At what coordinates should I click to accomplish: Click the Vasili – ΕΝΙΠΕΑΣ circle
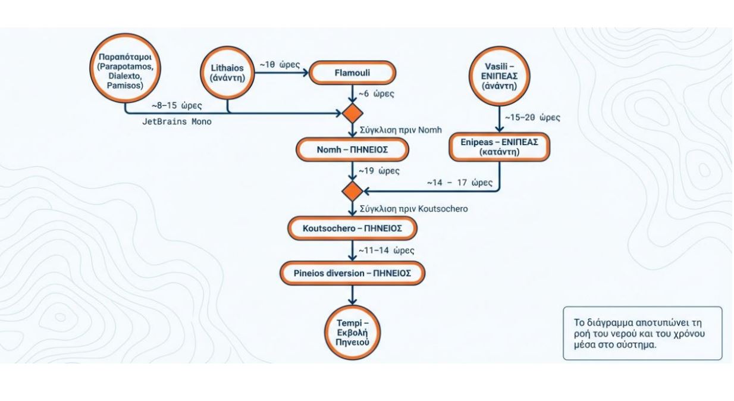click(x=497, y=74)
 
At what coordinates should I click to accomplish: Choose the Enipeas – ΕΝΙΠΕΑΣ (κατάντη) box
click(x=497, y=146)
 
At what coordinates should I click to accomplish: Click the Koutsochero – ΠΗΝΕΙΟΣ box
click(x=352, y=228)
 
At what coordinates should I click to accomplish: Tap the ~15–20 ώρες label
click(x=533, y=118)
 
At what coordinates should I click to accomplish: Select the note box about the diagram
click(x=642, y=333)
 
